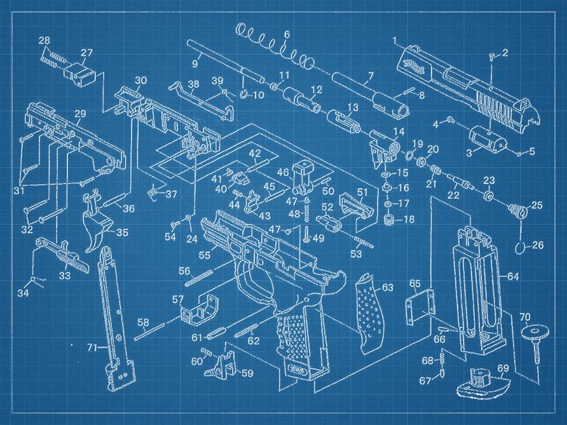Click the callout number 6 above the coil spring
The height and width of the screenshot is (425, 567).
point(287,35)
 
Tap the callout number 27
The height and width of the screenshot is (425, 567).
point(87,53)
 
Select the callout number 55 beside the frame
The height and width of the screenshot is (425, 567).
point(204,255)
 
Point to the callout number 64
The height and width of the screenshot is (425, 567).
point(513,276)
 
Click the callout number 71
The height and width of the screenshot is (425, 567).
point(93,347)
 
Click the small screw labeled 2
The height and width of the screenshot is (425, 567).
point(492,56)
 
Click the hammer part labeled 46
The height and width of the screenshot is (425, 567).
point(303,178)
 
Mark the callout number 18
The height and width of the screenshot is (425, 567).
point(409,219)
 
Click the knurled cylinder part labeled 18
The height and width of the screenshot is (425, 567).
point(389,220)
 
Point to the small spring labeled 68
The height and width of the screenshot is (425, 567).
point(442,359)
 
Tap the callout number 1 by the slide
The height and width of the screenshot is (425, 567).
point(395,40)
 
